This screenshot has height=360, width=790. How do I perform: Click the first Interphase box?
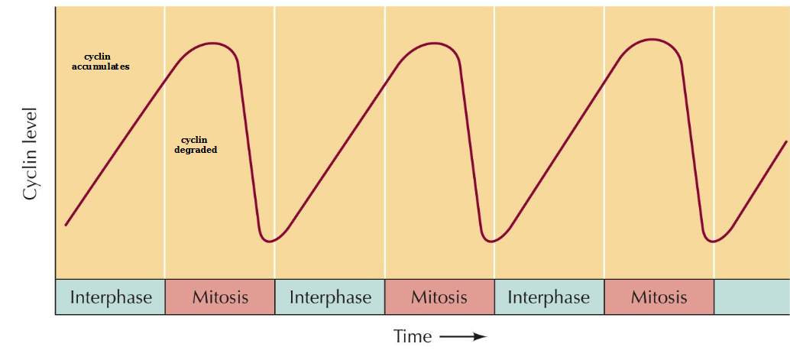(x=110, y=297)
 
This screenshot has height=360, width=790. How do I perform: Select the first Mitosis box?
(x=220, y=297)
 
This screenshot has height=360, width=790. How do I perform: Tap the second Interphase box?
(x=330, y=297)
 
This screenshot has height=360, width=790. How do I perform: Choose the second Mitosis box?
(x=439, y=297)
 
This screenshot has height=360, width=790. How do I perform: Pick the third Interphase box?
(x=549, y=297)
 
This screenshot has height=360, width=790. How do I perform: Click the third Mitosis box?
(x=659, y=297)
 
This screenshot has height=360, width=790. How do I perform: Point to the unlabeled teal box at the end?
(x=751, y=297)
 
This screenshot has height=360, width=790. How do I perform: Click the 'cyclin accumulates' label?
(x=105, y=62)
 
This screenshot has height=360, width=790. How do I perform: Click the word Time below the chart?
(x=413, y=336)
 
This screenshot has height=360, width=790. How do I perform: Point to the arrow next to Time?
(x=463, y=337)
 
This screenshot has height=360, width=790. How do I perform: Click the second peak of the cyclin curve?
(x=432, y=43)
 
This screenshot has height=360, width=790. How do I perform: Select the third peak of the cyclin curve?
(x=652, y=39)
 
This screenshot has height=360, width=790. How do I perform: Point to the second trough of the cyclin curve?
(x=492, y=242)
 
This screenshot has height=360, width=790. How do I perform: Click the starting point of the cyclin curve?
(x=66, y=225)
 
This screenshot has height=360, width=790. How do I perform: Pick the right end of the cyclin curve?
(x=786, y=141)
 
